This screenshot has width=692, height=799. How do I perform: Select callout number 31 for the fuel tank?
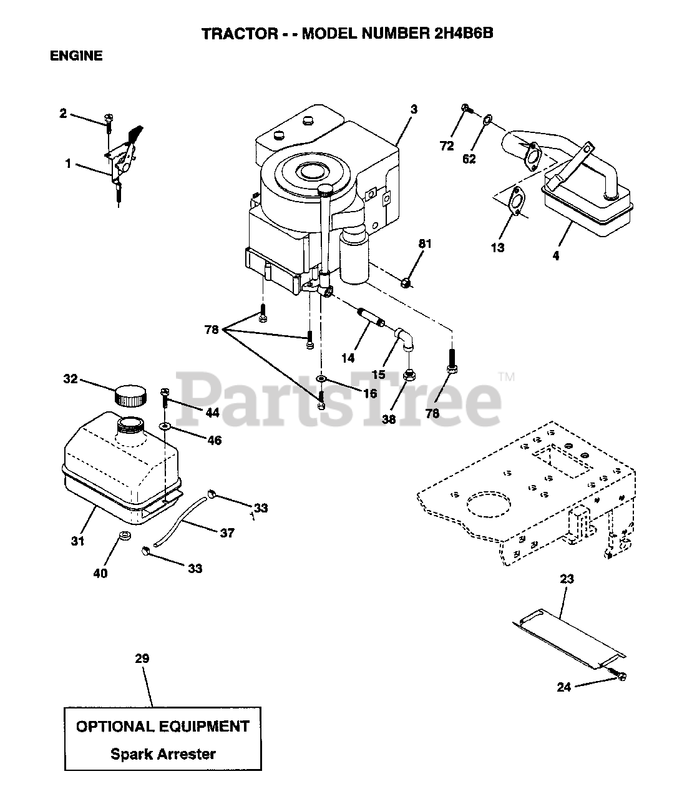[77, 541]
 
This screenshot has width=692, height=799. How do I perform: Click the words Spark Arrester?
[163, 753]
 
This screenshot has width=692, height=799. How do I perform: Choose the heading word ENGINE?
[76, 56]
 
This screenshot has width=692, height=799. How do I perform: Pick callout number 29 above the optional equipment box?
[142, 659]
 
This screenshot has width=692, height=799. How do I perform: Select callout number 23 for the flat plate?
[567, 579]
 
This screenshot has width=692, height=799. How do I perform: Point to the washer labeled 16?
[321, 379]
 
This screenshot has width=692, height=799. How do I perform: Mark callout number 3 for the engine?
[414, 109]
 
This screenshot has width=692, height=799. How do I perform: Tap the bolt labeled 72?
[465, 109]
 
